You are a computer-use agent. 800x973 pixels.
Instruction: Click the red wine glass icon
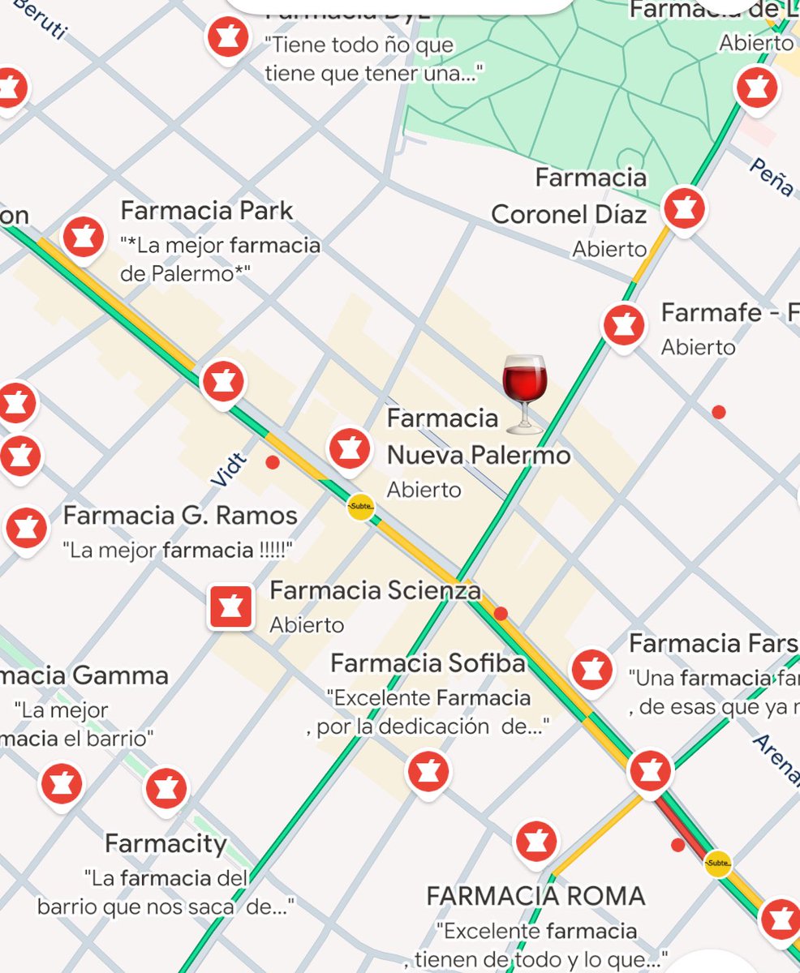click(525, 392)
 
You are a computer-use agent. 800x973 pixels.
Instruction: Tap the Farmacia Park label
click(206, 211)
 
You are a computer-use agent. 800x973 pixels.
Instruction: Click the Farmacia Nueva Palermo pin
click(350, 448)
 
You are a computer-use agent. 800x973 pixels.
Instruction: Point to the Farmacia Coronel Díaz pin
click(684, 209)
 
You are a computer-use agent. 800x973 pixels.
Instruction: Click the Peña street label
click(771, 177)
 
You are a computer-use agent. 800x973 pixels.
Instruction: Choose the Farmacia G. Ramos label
click(180, 516)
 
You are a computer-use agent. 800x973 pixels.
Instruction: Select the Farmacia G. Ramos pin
click(26, 527)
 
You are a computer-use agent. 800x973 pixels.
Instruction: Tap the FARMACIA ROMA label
click(535, 896)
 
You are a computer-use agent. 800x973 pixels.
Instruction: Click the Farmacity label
click(166, 843)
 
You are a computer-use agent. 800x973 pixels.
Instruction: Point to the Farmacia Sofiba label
click(428, 663)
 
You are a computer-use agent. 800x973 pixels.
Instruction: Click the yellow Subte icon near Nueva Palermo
click(360, 508)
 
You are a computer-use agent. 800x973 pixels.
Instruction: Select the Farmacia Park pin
click(83, 237)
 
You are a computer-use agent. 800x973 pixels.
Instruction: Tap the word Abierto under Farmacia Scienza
click(307, 625)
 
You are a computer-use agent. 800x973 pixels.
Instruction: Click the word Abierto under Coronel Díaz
click(609, 249)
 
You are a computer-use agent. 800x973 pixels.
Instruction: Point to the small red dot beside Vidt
click(273, 462)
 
